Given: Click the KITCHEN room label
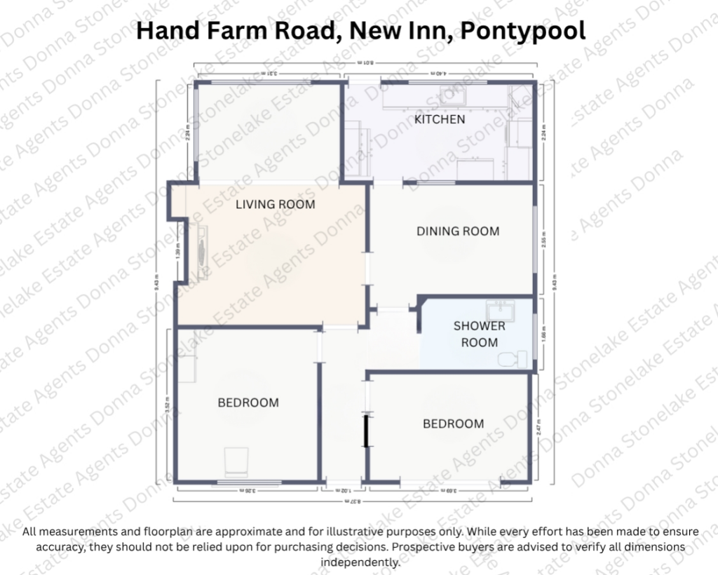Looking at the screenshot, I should tap(440, 119).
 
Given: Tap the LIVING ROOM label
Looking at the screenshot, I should tap(275, 205).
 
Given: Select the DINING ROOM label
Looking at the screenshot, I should tap(458, 231).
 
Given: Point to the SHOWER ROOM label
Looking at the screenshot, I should tap(479, 334).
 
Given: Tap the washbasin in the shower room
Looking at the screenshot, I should tap(501, 309).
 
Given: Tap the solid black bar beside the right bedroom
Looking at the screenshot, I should tap(366, 431).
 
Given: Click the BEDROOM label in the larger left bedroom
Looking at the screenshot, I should tap(248, 402).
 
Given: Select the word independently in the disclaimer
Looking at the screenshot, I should tap(360, 562).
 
